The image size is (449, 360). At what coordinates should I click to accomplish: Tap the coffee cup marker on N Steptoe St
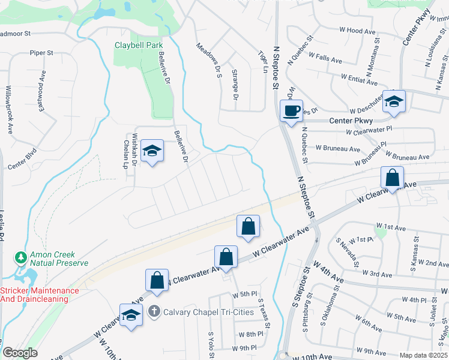tap(292, 111)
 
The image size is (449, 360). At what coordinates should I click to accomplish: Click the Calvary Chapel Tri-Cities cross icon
tap(154, 311)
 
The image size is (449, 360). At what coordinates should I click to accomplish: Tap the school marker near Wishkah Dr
tap(152, 152)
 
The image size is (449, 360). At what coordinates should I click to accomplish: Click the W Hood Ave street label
tap(357, 31)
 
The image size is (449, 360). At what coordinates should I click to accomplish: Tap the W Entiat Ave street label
tap(359, 79)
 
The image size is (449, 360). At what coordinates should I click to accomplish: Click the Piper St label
tap(42, 53)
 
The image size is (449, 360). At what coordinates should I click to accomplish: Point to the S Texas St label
tap(264, 313)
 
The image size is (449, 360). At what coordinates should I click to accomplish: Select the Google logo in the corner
tap(20, 353)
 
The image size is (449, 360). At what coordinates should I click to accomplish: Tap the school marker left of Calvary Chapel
tap(131, 316)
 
